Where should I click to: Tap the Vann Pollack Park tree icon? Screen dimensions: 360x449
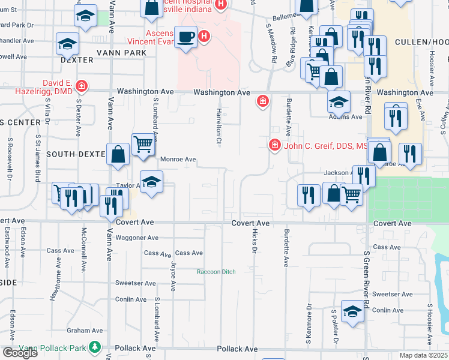pyautogui.click(x=94, y=347)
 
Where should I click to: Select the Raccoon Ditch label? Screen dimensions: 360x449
pyautogui.click(x=216, y=272)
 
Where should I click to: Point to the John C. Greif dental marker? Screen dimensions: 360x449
pyautogui.click(x=274, y=145)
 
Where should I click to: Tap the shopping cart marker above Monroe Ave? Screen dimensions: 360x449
pyautogui.click(x=143, y=143)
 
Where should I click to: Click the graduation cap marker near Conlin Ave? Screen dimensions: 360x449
pyautogui.click(x=352, y=311)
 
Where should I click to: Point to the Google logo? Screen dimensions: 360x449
pyautogui.click(x=20, y=353)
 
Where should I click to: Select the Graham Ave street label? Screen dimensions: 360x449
pyautogui.click(x=85, y=330)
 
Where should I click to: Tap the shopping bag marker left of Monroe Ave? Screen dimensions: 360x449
pyautogui.click(x=118, y=154)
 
